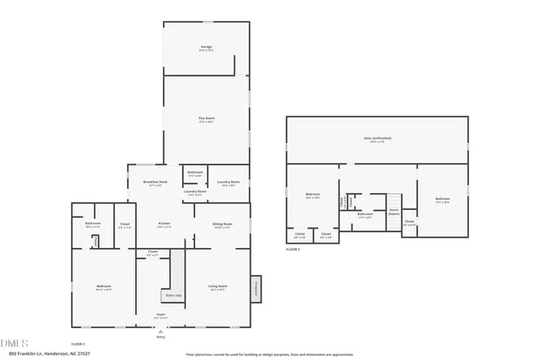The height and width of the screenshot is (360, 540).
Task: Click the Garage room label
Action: [206, 47]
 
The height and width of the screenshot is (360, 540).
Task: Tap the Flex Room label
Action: [206, 119]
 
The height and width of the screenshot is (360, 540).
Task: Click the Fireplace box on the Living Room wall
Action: [255, 287]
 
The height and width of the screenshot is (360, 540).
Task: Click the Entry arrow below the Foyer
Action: [160, 330]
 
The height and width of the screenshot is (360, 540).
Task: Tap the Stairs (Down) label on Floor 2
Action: [393, 212]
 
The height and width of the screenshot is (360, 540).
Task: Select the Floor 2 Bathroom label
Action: [364, 214]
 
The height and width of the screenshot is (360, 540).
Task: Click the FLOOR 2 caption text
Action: [294, 250]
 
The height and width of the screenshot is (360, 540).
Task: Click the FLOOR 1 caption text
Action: [78, 344]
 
